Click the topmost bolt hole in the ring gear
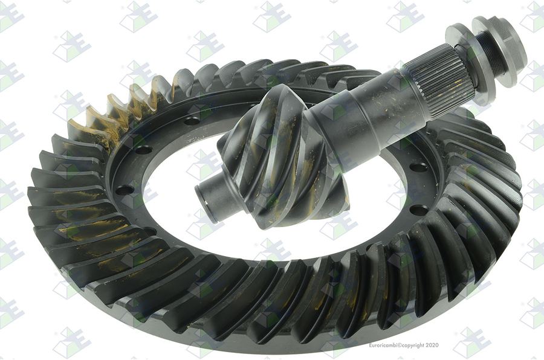(192, 121)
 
